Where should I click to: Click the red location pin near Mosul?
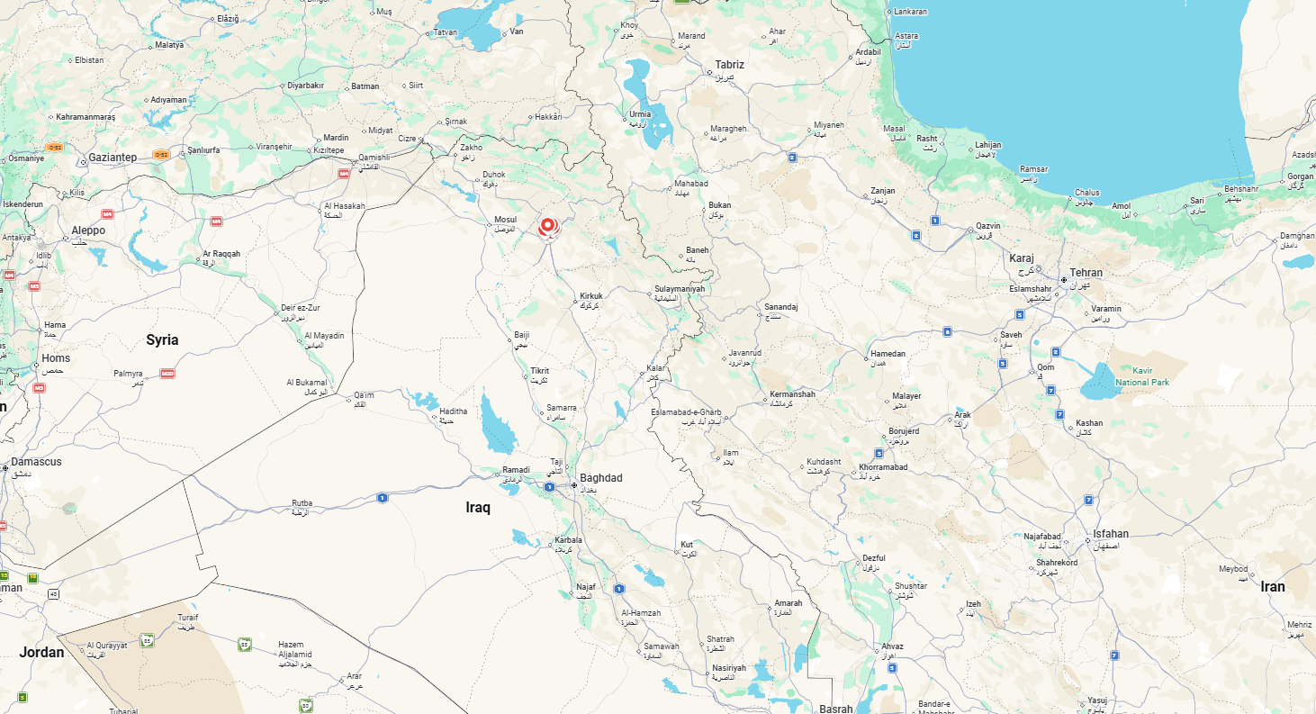tap(547, 225)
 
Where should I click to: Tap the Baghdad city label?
tap(600, 478)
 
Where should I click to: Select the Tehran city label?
tap(1086, 273)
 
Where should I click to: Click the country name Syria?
tap(162, 339)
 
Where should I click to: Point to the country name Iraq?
tap(478, 508)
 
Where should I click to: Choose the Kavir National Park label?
tap(1141, 376)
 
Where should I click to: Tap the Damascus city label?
tap(37, 462)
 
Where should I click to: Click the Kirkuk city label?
tap(590, 296)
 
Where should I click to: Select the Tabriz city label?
tap(729, 65)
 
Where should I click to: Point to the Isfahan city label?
tap(1111, 534)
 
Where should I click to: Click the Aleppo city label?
tap(88, 230)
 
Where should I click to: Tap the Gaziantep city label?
tap(113, 158)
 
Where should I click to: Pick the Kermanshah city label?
tap(792, 394)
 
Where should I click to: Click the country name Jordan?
tap(41, 652)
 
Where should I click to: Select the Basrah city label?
tap(836, 709)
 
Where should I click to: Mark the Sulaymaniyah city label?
tap(680, 289)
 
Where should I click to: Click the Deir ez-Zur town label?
tap(300, 307)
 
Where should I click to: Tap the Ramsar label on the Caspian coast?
tap(1034, 169)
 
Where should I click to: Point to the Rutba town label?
tap(302, 503)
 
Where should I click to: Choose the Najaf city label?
tap(586, 586)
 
